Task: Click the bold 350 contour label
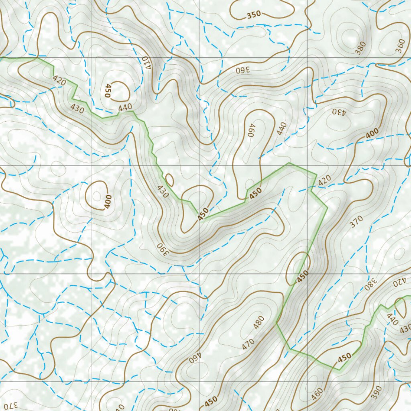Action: click(x=254, y=15)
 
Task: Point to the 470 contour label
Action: click(x=248, y=344)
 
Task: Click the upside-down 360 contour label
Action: click(x=242, y=69)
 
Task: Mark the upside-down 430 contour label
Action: click(x=338, y=111)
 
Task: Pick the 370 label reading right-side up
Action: click(x=356, y=222)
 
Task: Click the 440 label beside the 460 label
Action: click(x=282, y=128)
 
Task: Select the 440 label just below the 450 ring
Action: click(x=125, y=107)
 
